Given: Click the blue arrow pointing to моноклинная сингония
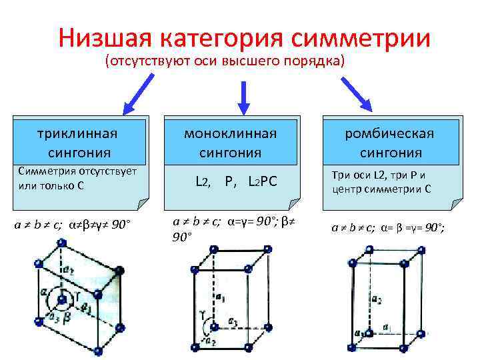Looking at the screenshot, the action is point(244,94).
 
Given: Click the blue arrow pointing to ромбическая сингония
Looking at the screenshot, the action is point(357,93).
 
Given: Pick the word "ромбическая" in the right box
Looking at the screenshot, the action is point(389,133).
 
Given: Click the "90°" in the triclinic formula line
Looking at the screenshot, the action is point(121,223).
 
